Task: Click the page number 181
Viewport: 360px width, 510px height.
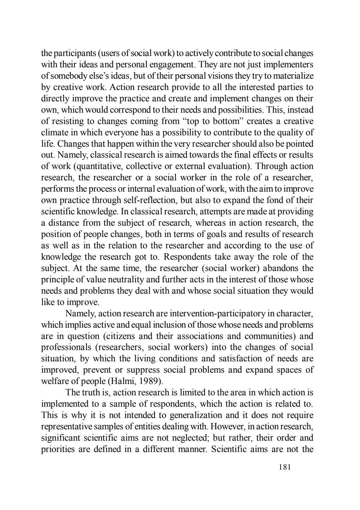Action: (x=285, y=467)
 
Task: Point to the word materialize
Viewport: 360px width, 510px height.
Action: (x=295, y=76)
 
